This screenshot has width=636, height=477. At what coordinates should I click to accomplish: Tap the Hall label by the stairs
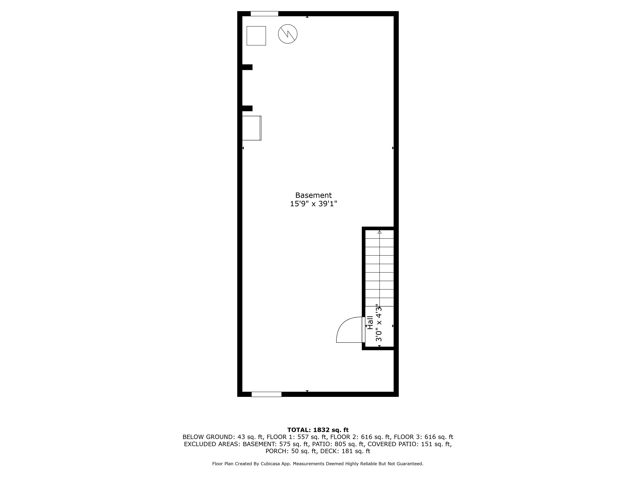[370, 323]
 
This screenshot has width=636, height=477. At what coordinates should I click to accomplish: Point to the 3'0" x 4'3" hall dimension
[379, 323]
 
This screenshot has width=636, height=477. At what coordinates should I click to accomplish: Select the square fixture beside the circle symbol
[256, 36]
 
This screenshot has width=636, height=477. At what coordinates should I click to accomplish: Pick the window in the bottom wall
[266, 394]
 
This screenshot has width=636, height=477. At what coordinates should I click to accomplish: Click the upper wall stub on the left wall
[247, 67]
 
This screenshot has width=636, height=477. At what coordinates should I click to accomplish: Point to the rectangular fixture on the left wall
[252, 128]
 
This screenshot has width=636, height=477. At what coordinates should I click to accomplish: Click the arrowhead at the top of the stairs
[380, 232]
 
